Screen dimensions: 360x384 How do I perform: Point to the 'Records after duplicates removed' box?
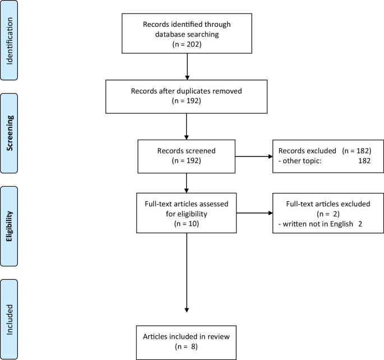(187, 95)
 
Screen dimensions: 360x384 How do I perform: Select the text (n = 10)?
(187, 223)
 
